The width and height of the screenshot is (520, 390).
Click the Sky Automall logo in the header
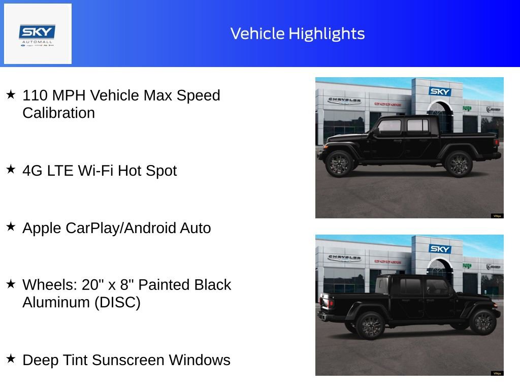point(38,34)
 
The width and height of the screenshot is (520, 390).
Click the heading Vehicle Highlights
point(298,34)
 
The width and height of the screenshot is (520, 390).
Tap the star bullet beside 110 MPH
point(11,94)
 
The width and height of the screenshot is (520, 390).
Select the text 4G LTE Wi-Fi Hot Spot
point(100,171)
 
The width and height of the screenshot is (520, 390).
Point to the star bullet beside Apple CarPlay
point(11,227)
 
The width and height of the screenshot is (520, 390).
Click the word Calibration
point(58,113)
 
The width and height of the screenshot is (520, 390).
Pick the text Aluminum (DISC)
point(81,302)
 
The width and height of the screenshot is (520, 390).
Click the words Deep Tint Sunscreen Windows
point(126,360)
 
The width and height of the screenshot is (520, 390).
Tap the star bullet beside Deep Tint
point(11,359)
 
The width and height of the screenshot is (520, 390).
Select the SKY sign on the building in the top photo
point(439,91)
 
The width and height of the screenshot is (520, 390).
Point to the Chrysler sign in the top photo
point(344,101)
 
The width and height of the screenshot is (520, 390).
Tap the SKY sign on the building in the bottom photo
point(439,249)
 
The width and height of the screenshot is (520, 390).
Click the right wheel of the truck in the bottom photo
point(482,322)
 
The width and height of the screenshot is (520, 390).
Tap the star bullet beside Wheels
point(11,284)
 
